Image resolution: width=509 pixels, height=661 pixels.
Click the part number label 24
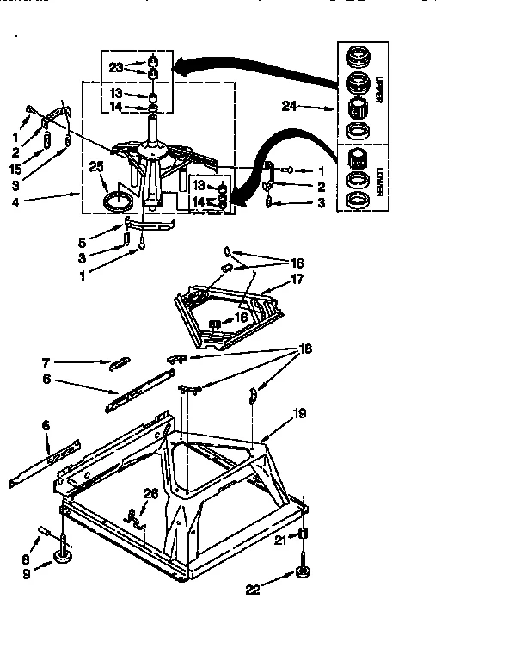(289, 108)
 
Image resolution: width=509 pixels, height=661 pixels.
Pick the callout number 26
(150, 493)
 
